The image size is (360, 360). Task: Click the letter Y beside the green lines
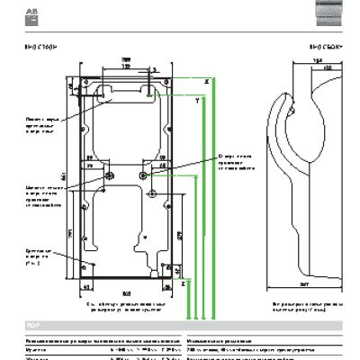196,104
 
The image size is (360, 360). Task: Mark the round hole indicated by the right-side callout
150,193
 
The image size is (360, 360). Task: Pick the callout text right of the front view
236,160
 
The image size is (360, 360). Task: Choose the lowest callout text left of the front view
40,259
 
